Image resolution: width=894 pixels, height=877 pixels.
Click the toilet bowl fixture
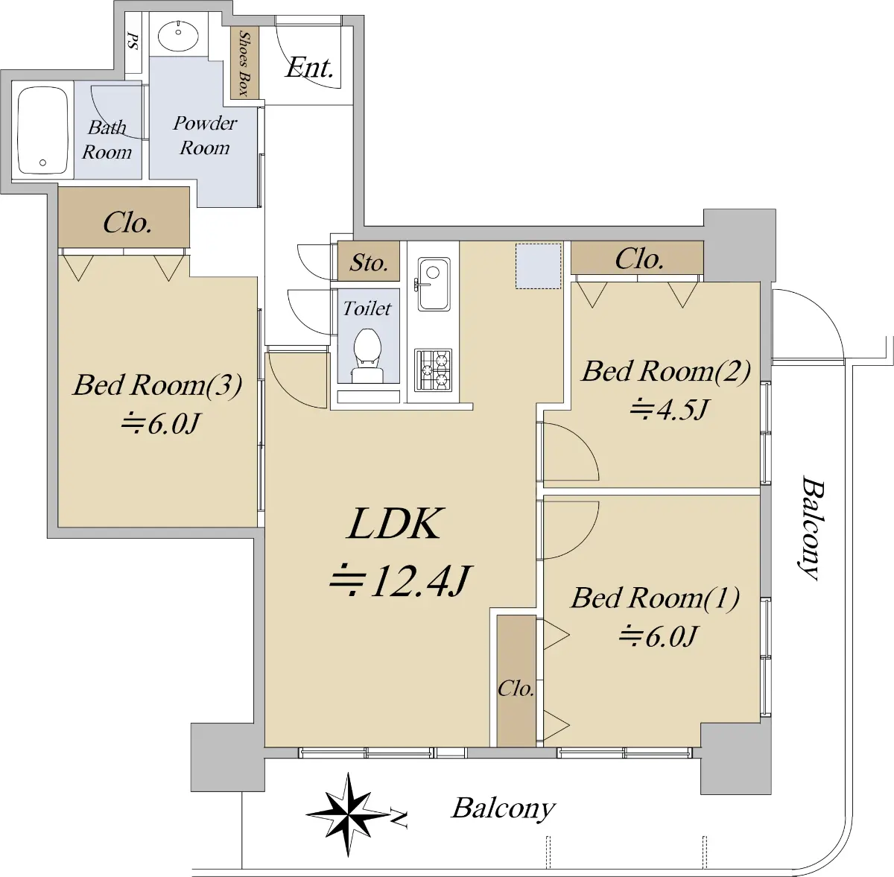pos(367,355)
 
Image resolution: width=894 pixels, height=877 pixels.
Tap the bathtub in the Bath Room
pos(42,130)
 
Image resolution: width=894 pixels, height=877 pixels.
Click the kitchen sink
pos(434,284)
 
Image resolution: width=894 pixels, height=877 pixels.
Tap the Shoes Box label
pos(244,63)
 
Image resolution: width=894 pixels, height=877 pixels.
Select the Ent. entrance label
pos(309,69)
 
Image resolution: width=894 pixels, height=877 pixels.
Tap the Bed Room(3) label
pos(157,384)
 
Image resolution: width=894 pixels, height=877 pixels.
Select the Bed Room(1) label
pos(655,598)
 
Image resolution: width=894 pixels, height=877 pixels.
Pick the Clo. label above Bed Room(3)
pos(127,223)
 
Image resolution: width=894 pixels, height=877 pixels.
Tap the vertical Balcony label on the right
pos(812,528)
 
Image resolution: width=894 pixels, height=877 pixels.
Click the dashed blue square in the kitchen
pos(538,266)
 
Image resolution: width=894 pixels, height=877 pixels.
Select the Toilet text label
pos(367,308)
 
